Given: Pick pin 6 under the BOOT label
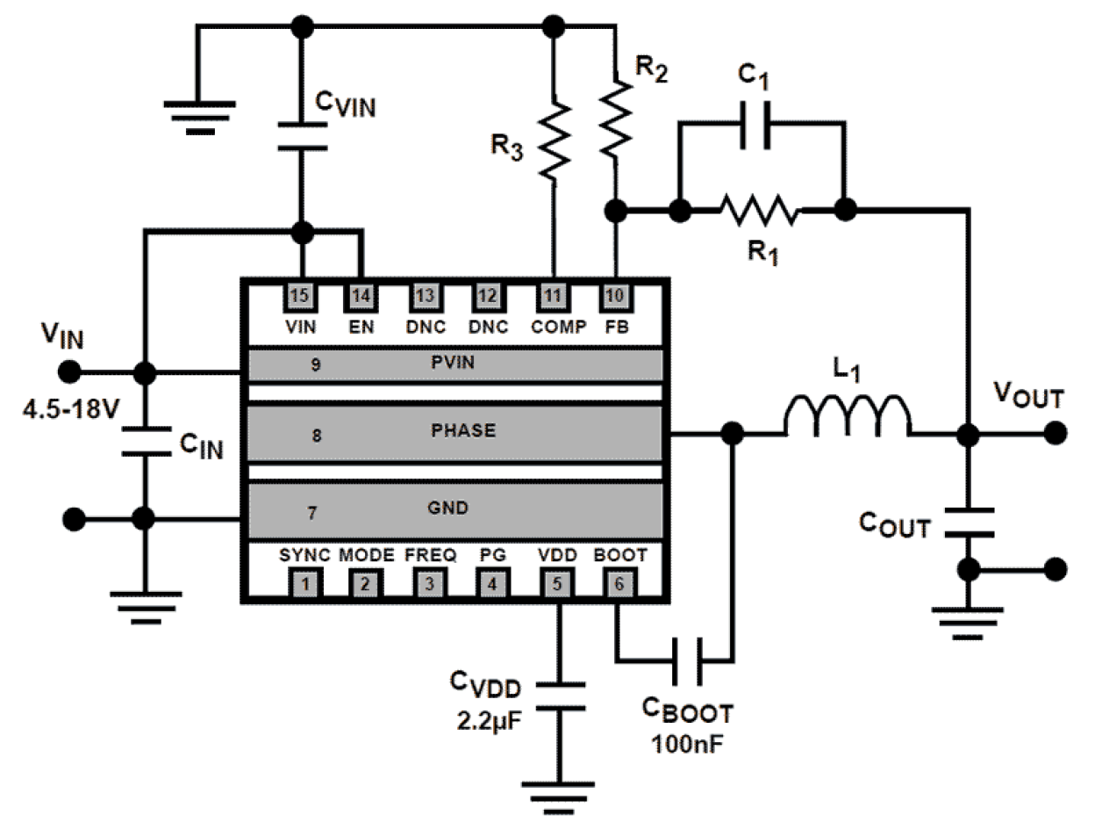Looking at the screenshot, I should (x=619, y=581).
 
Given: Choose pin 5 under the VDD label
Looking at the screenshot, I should (x=556, y=581).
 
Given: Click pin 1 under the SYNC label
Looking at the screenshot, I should (x=304, y=581).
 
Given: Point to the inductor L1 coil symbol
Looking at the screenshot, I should (x=847, y=414).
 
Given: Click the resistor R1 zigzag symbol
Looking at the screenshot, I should (x=759, y=211).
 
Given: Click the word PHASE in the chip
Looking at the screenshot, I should (x=464, y=431).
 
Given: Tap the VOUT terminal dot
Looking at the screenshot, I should (x=1056, y=432).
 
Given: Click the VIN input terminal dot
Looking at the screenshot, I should (x=70, y=372).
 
